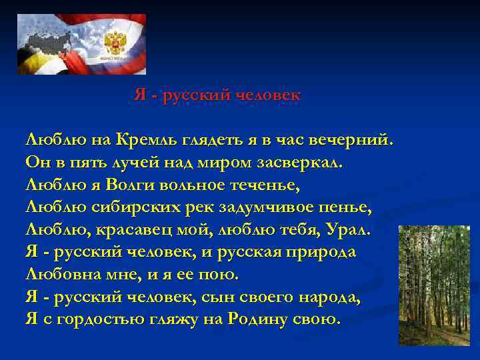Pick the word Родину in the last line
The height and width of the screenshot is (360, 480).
click(x=257, y=319)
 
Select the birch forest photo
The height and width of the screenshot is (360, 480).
click(x=433, y=285)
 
